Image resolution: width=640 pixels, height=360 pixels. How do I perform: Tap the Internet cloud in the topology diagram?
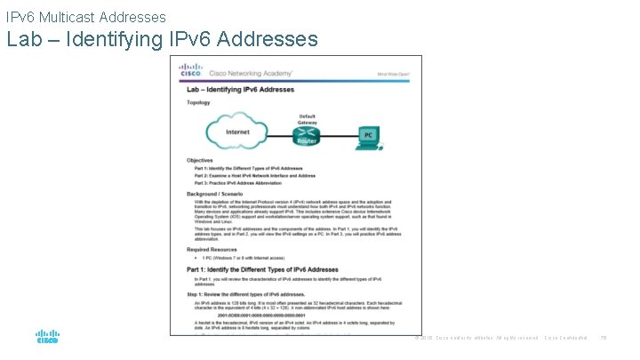[x=237, y=132]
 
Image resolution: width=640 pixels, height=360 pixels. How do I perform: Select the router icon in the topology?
[x=307, y=135]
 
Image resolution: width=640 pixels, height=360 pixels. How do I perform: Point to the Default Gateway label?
[x=307, y=118]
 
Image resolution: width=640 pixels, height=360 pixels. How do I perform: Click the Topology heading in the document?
[x=199, y=103]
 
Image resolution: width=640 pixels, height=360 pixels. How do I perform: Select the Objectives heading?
[x=201, y=161]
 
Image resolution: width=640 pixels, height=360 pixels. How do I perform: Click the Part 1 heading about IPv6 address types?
[x=262, y=269]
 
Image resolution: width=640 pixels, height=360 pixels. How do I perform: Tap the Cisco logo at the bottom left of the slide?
[x=47, y=338]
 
